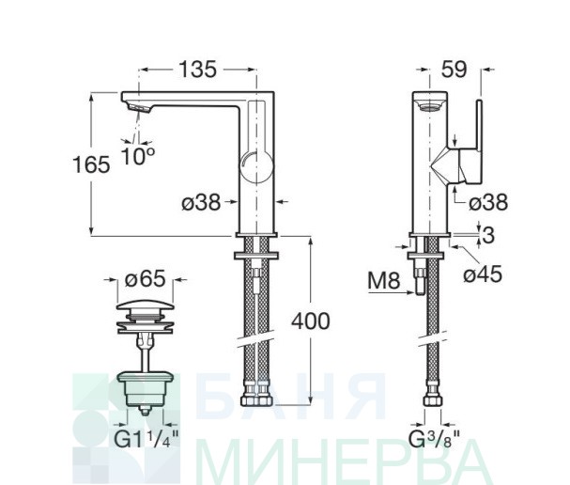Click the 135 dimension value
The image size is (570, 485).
pos(198,70)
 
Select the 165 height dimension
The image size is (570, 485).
pos(91,164)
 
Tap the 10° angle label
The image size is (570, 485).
pos(138,155)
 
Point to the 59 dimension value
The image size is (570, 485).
pos(454,70)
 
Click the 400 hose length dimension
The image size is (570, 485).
pos(311,321)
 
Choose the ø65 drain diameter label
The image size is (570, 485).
pos(145,279)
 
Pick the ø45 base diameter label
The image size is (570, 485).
pos(483,274)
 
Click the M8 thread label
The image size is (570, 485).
pos(384,280)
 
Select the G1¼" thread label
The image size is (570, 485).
pos(146,439)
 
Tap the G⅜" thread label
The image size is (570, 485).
pos(435,439)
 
